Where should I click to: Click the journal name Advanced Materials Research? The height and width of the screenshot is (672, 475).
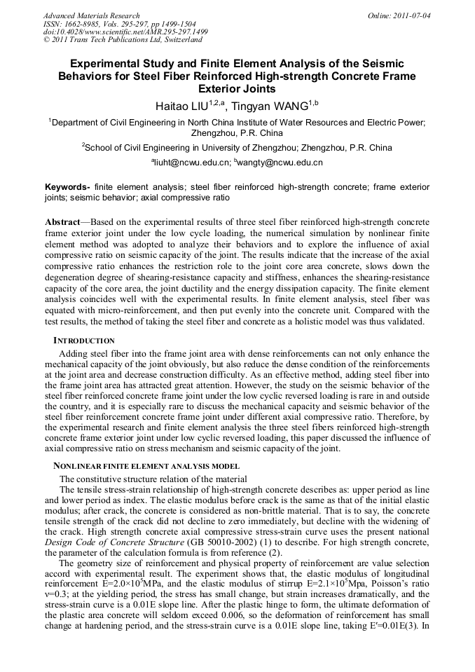(91, 15)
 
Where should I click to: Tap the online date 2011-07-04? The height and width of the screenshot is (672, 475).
(410, 15)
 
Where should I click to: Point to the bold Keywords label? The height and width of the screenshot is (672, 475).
(67, 188)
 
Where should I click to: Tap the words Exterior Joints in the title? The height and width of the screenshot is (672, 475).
(237, 89)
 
